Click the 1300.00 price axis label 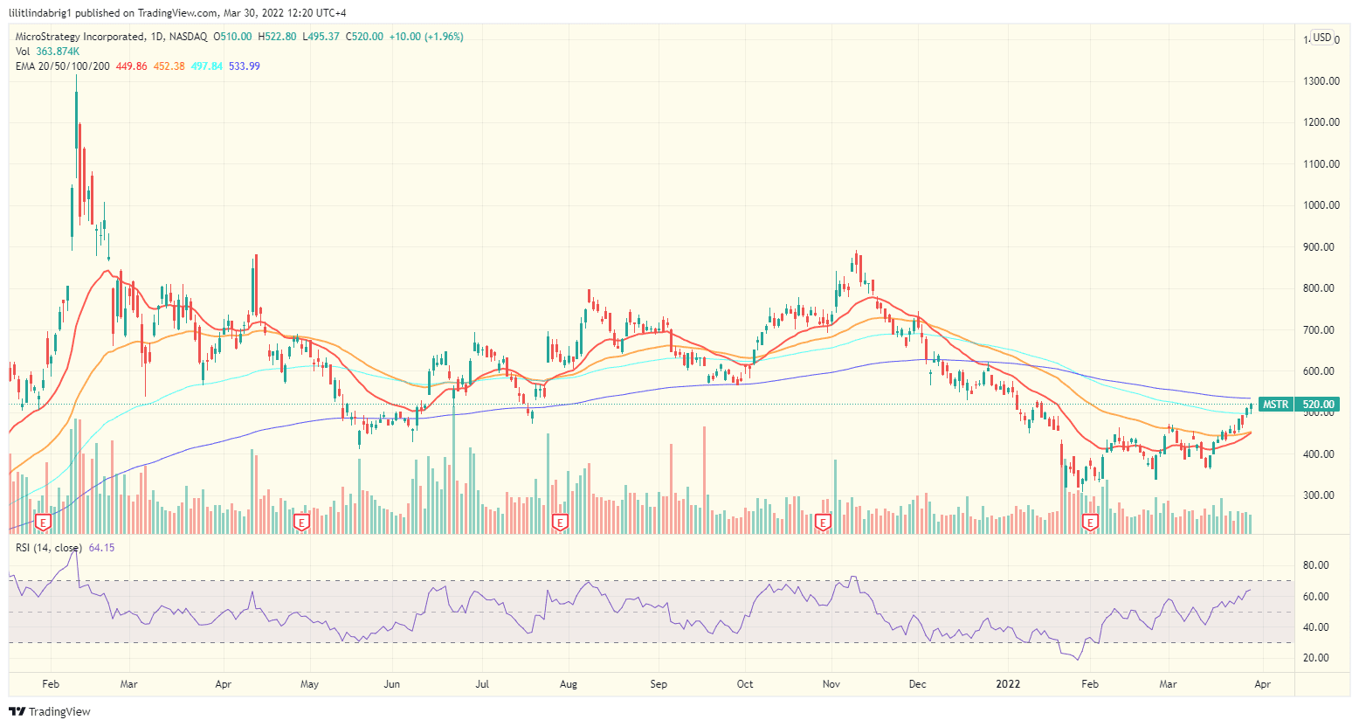point(1321,80)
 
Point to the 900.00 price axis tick point(1321,246)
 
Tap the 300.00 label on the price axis point(1321,495)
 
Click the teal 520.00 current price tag point(1318,405)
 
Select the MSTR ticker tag point(1275,405)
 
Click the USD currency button point(1322,38)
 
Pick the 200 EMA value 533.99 point(244,66)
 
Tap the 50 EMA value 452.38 point(169,66)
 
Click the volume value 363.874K point(58,52)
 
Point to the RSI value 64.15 point(101,548)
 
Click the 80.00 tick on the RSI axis point(1315,565)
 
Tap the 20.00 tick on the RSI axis point(1315,658)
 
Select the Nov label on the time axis point(831,684)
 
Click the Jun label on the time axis point(391,684)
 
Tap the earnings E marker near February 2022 point(1089,523)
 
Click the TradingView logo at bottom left point(50,711)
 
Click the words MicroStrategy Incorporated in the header point(79,37)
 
